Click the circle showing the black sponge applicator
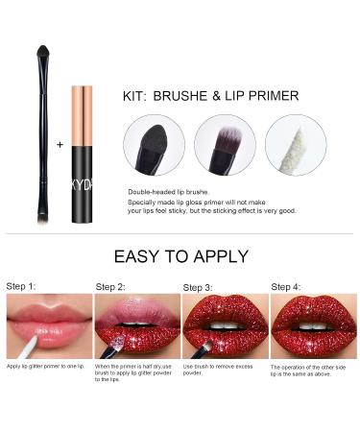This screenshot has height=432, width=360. click(154, 145)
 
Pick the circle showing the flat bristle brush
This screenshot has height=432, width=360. click(225, 145)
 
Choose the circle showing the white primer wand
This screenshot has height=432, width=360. click(296, 145)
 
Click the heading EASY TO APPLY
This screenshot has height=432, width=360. click(180, 256)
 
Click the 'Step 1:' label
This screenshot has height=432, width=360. click(23, 286)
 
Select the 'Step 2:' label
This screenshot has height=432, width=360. click(110, 287)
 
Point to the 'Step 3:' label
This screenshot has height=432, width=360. click(198, 287)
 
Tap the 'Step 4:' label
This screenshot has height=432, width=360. click(286, 286)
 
